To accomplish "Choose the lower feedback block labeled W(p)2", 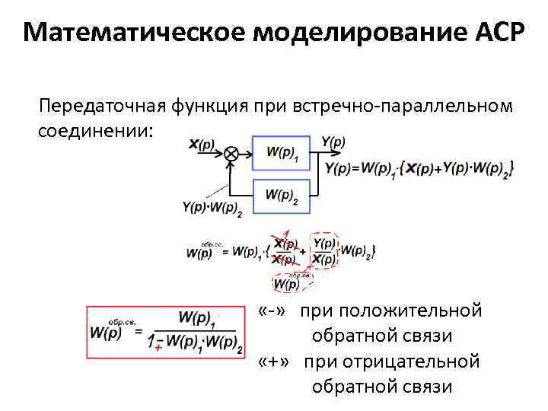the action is [282, 196].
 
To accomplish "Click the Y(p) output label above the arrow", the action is [333, 142].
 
